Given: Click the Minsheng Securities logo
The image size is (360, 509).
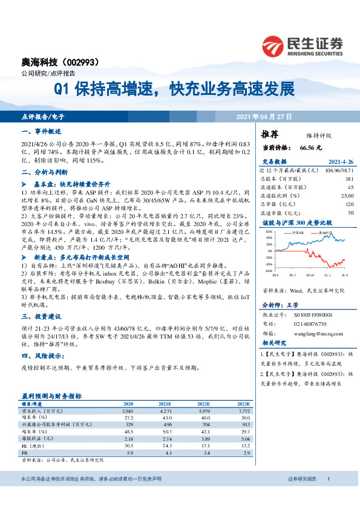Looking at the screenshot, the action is pos(302,44).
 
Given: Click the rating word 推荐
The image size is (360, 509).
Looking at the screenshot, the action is pos(270,134).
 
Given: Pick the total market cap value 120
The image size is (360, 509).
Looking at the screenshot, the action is pos(350,204).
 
